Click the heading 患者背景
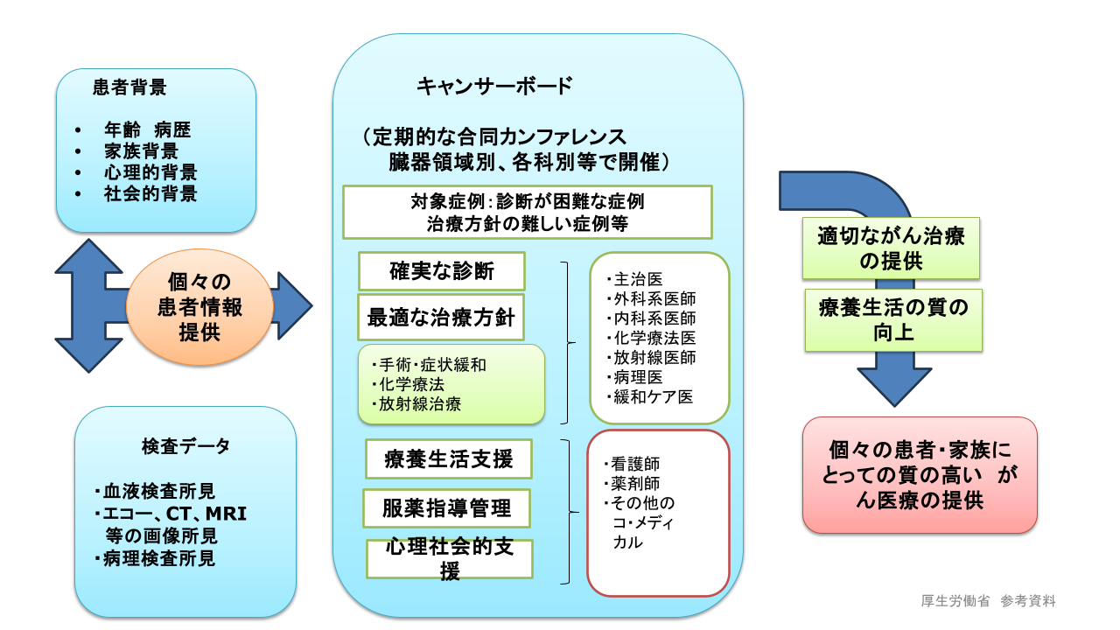[x=129, y=87]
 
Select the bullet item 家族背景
[x=141, y=151]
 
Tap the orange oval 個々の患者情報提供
[x=199, y=307]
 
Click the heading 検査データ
[x=185, y=446]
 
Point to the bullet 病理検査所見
[x=159, y=557]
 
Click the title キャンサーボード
[x=494, y=86]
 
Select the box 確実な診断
[x=442, y=271]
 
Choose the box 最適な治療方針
[x=442, y=318]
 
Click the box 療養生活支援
[x=449, y=458]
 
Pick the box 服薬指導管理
[x=448, y=508]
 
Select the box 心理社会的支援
[x=450, y=559]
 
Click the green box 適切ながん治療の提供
[x=891, y=248]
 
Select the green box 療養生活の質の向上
[x=893, y=320]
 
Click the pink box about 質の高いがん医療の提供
[x=920, y=475]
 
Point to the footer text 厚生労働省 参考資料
[x=989, y=601]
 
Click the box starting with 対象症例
[x=527, y=212]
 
